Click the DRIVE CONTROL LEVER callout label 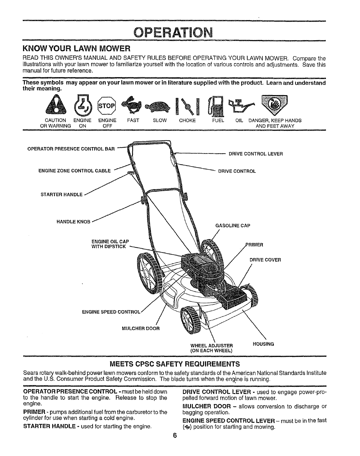click(x=256, y=154)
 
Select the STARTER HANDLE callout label click(x=62, y=195)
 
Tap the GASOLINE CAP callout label click(x=233, y=226)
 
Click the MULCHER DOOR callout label click(x=141, y=328)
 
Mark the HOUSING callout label click(x=263, y=344)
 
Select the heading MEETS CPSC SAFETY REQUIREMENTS click(x=175, y=364)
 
